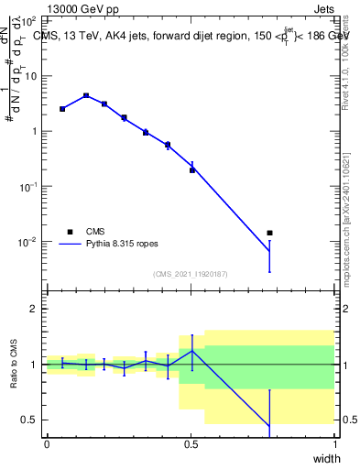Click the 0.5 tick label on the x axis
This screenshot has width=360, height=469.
[x=191, y=443]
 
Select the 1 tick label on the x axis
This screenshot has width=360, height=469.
[x=334, y=443]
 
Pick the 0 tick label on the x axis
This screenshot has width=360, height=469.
[x=47, y=443]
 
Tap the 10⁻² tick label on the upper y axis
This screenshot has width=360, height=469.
[x=27, y=242]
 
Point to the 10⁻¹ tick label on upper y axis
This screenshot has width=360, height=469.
[x=27, y=186]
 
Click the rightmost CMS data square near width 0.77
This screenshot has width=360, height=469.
[x=269, y=233]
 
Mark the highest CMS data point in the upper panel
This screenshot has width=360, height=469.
[x=86, y=95]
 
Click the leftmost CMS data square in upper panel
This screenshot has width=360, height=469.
[x=62, y=109]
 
